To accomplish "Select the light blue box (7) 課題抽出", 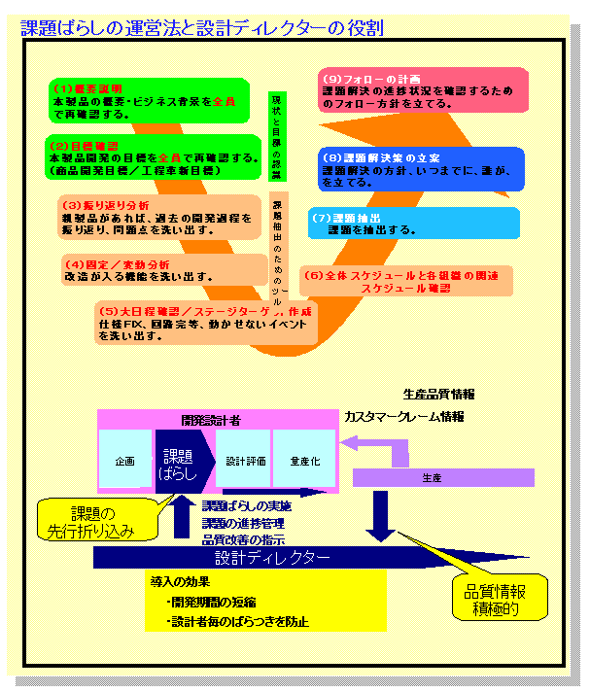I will [394, 224].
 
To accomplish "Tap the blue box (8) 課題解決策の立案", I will [422, 169].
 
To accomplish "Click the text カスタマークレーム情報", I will [403, 416].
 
